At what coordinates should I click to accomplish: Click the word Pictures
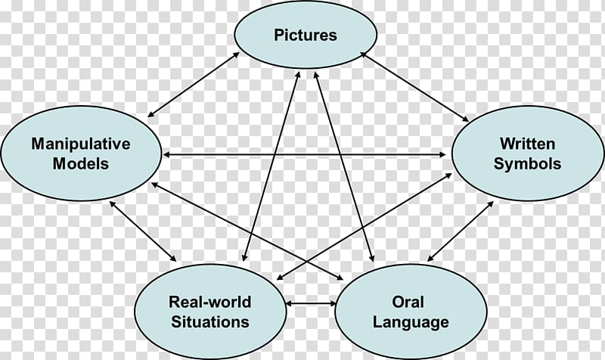point(306,35)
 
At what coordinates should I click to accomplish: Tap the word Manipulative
point(81,144)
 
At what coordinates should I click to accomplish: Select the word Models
point(81,163)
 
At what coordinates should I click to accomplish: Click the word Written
point(527,144)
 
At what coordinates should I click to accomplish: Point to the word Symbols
point(527,164)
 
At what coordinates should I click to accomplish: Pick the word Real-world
point(210,302)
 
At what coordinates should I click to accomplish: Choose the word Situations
point(210,321)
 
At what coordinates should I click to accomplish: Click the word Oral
point(408,302)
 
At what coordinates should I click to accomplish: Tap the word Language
point(411,323)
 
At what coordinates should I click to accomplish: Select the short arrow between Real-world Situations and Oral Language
point(311,304)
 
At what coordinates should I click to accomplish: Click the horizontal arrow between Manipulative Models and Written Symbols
point(304,155)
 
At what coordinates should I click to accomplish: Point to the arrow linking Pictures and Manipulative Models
point(194,84)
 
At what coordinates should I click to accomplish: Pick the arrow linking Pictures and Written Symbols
point(414,87)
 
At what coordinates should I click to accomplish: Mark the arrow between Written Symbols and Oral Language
point(461,231)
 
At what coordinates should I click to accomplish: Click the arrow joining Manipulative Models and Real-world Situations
point(143,231)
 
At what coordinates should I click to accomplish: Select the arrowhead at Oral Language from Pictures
point(371,257)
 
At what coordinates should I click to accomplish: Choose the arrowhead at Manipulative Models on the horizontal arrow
point(167,155)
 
